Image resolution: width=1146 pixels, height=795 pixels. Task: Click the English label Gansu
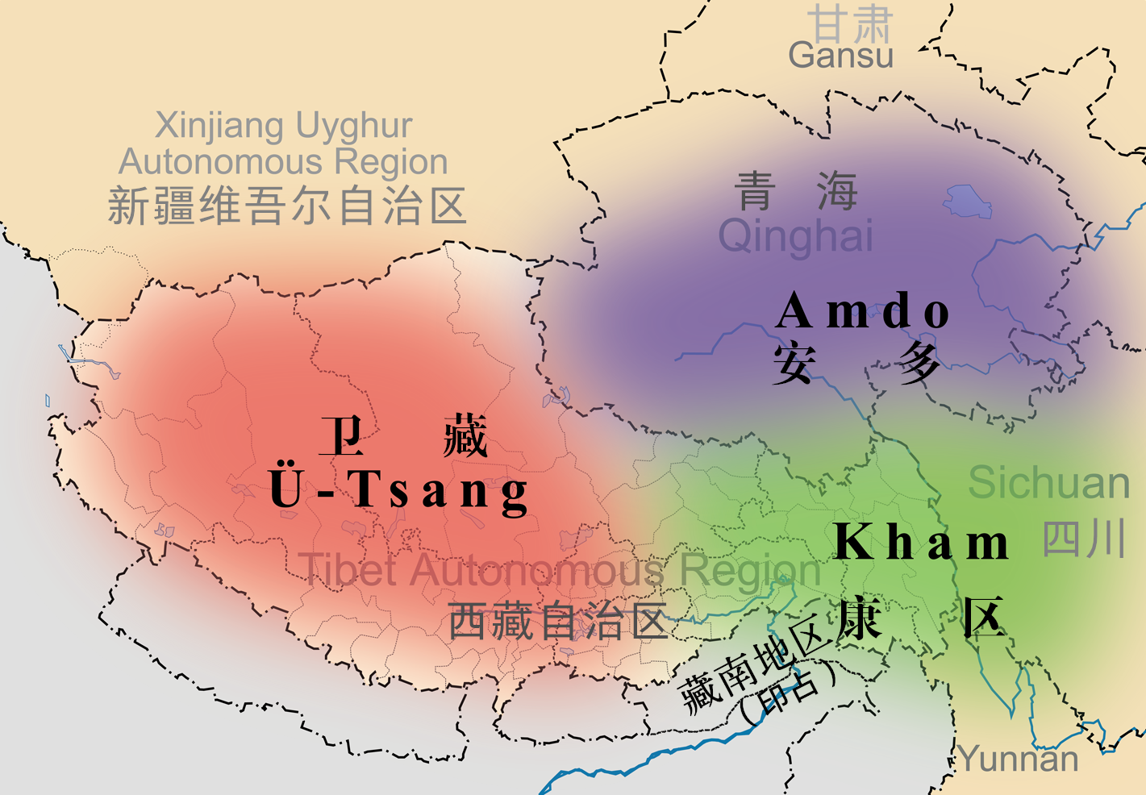[840, 56]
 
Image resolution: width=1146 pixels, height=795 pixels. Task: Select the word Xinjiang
[219, 127]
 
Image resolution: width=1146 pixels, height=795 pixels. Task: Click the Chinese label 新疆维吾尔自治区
[287, 206]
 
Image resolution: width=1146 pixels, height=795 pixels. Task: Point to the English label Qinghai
[795, 236]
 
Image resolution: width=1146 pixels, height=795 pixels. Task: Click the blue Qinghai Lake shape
[968, 202]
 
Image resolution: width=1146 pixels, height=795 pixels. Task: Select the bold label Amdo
[862, 311]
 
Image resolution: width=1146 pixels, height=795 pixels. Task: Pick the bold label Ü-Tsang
[398, 489]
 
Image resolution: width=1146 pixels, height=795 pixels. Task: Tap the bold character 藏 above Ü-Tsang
[465, 436]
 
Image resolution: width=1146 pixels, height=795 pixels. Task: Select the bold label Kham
[920, 542]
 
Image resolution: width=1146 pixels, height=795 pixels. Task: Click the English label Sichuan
[1048, 483]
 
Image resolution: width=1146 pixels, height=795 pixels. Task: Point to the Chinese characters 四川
[1083, 539]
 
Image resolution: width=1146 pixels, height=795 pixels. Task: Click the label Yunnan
[1019, 759]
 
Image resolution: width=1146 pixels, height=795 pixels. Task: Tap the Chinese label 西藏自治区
[557, 622]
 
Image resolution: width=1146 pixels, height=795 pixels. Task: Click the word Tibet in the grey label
[348, 570]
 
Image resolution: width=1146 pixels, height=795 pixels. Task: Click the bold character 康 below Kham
[859, 619]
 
